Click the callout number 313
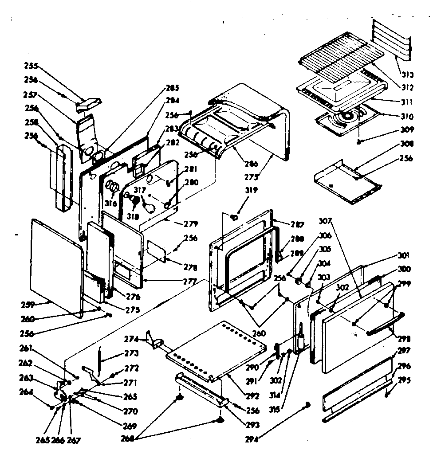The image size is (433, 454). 407,74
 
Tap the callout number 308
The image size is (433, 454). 407,144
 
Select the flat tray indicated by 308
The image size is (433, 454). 346,182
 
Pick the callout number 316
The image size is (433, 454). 111,204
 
